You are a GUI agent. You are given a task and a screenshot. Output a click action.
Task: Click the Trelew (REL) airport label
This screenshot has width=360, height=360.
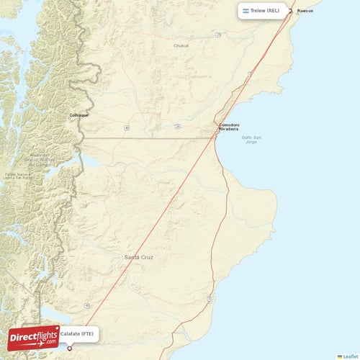264,11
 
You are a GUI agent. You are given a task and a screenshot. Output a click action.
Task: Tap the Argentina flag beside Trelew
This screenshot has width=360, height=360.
246,11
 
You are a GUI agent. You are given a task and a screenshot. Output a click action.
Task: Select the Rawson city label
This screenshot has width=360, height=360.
305,11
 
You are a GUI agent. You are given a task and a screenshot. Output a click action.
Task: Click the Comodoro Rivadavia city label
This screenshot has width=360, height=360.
229,127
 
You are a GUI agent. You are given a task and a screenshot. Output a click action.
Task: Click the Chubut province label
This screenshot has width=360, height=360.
181,45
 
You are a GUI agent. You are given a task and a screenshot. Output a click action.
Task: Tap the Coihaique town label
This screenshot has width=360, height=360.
78,114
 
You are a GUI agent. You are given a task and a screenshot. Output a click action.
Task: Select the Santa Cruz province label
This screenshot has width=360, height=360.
138,257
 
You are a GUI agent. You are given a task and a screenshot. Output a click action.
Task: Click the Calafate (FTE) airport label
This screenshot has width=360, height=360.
76,334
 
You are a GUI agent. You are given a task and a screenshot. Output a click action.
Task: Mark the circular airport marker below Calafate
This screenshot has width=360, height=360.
70,348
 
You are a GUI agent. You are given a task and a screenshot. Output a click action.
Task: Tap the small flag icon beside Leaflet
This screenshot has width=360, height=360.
340,356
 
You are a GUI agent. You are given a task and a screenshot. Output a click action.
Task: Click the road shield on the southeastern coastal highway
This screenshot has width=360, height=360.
209,297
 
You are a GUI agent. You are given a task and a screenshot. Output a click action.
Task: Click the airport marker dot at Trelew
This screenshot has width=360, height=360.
290,11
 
